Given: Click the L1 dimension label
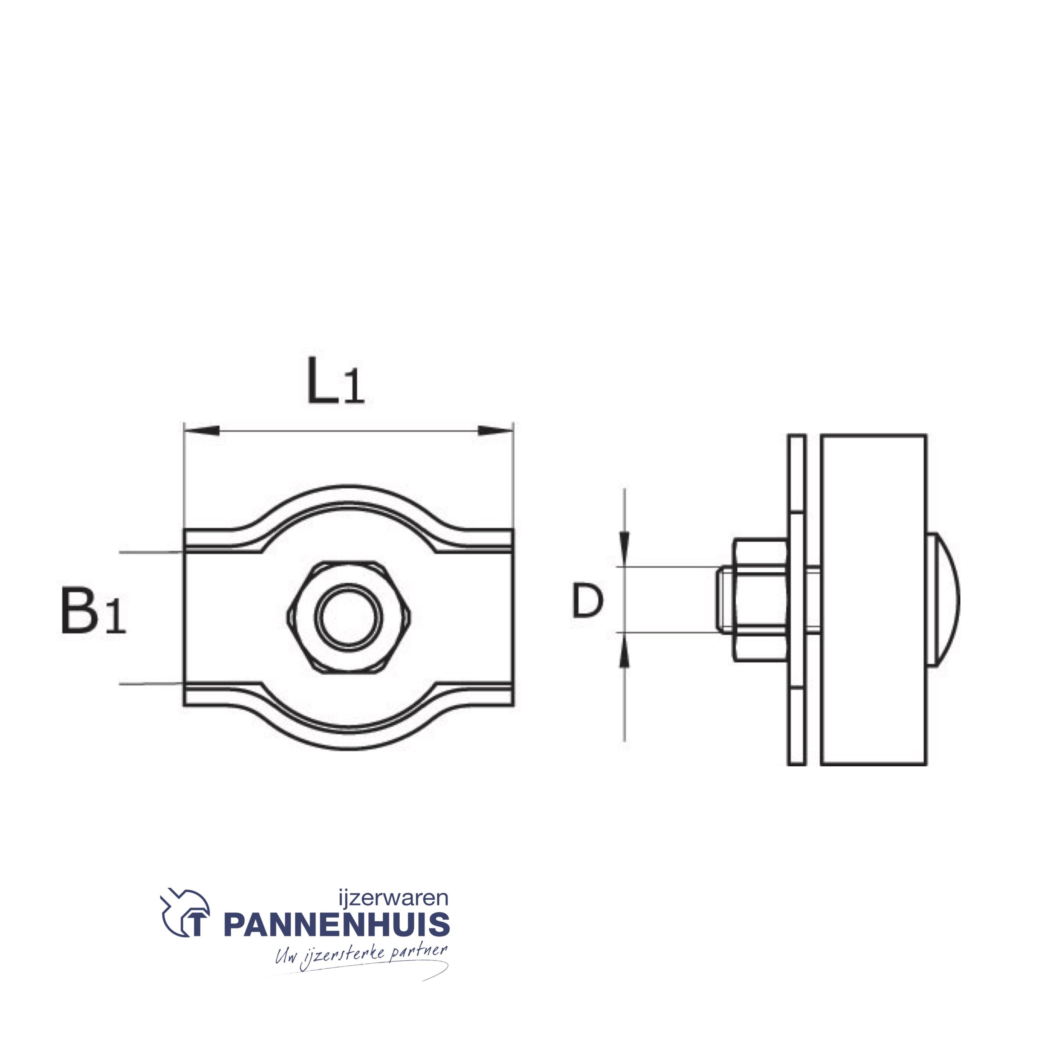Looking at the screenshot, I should point(335,382).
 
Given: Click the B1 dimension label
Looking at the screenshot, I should point(93,611).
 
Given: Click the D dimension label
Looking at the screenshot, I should point(587,601).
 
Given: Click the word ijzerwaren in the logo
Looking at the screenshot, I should point(393,898).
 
